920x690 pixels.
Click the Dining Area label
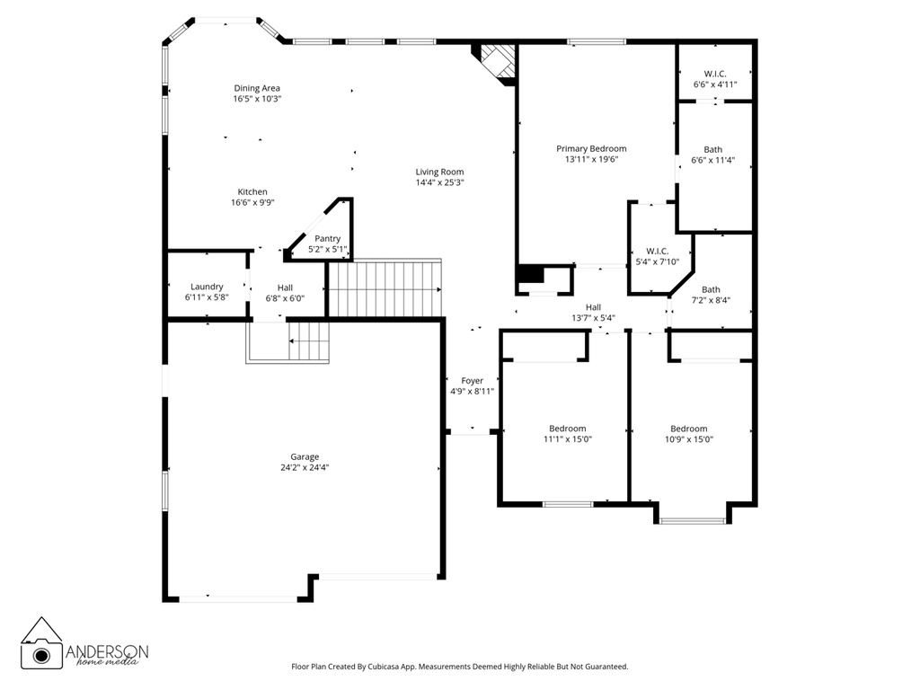(257, 89)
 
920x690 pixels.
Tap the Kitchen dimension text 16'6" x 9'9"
(252, 203)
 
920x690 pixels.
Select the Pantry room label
(327, 239)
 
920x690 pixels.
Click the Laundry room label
(207, 287)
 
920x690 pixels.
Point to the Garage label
(305, 457)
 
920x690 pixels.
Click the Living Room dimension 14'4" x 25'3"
(440, 182)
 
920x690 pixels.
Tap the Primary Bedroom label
(591, 149)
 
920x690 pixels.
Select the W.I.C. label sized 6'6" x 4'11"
(715, 74)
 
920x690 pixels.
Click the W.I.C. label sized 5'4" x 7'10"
(657, 252)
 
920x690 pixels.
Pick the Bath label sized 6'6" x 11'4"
(712, 150)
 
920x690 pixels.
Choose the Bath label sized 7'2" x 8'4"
(711, 290)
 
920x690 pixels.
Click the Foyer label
(473, 381)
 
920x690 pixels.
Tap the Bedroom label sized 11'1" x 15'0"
(568, 429)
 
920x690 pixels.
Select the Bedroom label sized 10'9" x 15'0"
(689, 429)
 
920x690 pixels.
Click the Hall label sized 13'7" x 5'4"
(593, 307)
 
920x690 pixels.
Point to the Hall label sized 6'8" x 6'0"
(285, 287)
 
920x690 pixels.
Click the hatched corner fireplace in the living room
(496, 62)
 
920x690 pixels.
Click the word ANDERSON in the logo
(107, 651)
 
